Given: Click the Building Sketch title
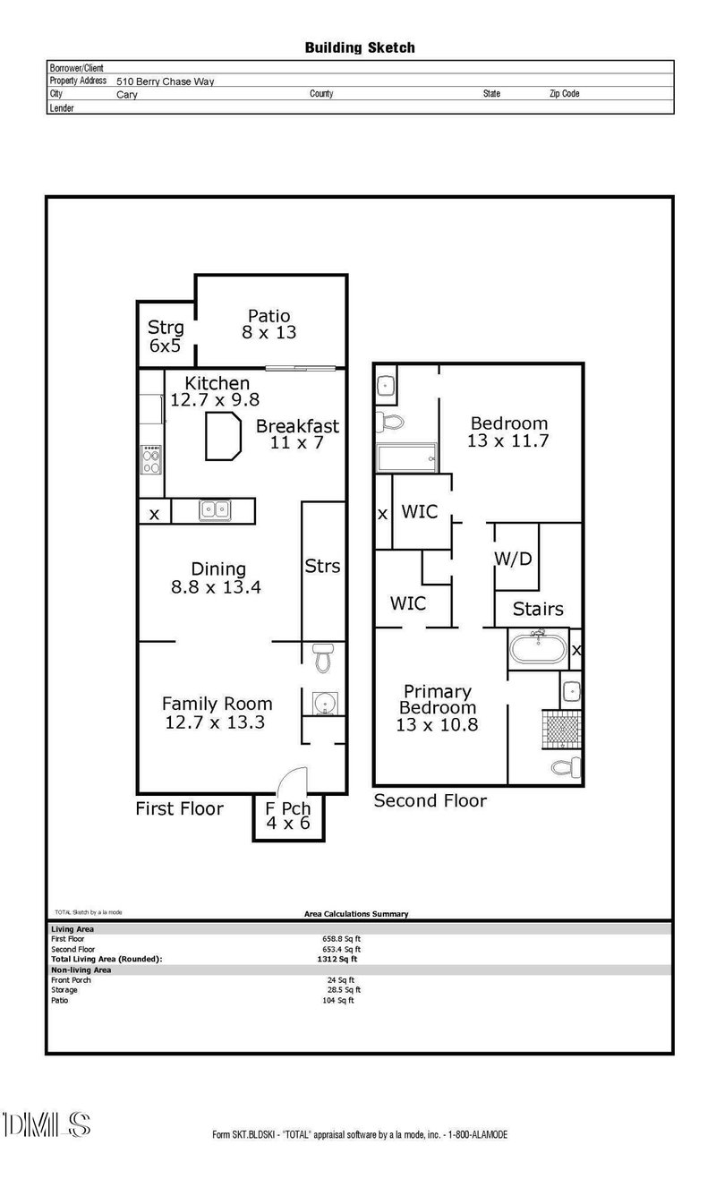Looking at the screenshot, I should pyautogui.click(x=360, y=47).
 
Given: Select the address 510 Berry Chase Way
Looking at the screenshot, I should pyautogui.click(x=165, y=81).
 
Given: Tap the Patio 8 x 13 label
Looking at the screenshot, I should pyautogui.click(x=268, y=323).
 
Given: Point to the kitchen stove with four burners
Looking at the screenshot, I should pyautogui.click(x=151, y=459).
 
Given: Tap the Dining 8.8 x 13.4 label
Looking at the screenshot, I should pyautogui.click(x=218, y=578).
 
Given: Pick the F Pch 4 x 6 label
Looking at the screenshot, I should pyautogui.click(x=287, y=816).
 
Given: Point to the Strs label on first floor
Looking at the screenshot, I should pyautogui.click(x=322, y=567).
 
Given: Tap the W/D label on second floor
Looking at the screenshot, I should pyautogui.click(x=513, y=560).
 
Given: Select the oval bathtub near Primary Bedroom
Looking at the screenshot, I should pyautogui.click(x=537, y=647).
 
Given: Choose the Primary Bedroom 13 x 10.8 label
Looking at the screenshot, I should pyautogui.click(x=437, y=708).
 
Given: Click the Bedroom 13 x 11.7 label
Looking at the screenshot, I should pyautogui.click(x=508, y=431).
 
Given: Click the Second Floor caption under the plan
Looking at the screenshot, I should pyautogui.click(x=430, y=800).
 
